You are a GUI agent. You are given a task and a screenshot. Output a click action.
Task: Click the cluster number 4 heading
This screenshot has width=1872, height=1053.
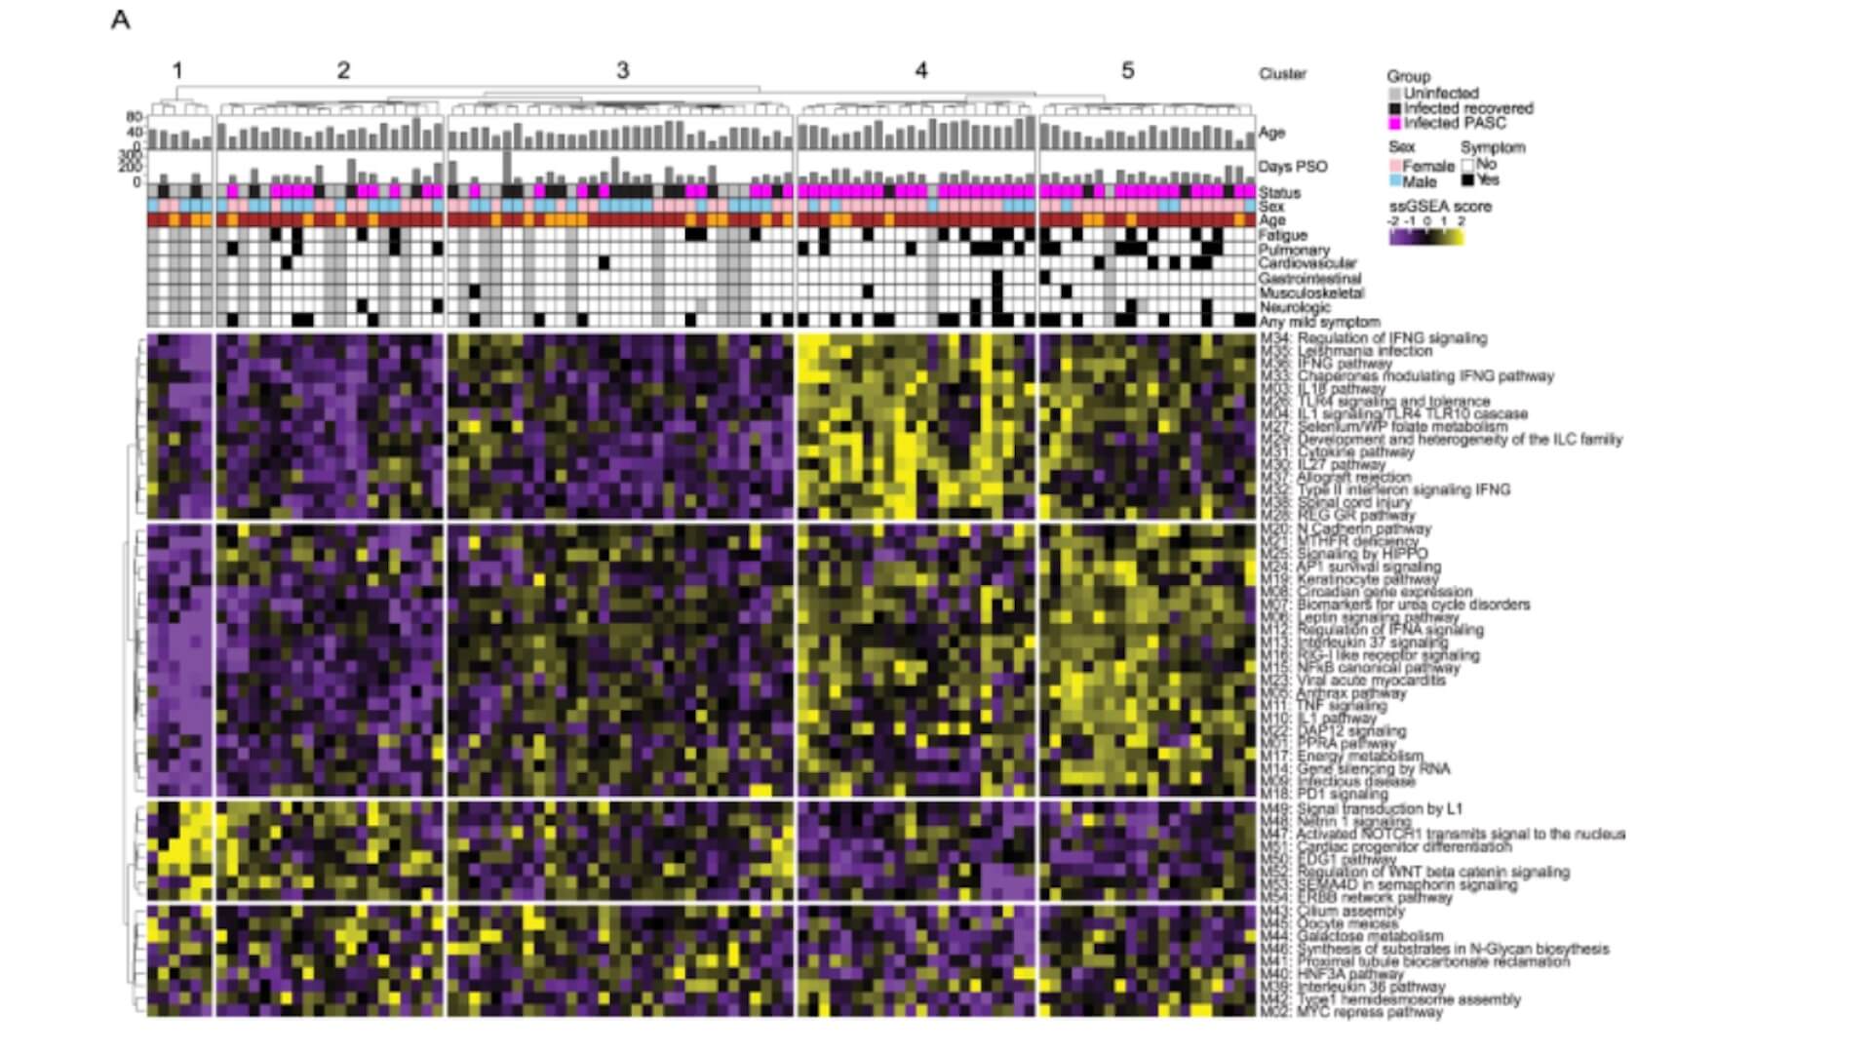[920, 70]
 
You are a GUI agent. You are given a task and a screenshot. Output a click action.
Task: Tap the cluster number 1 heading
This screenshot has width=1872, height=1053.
[177, 70]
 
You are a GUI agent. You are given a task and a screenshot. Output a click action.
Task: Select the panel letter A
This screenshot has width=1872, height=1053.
[120, 20]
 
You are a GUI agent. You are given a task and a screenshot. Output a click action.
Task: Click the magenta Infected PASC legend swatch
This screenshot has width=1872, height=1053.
[1395, 124]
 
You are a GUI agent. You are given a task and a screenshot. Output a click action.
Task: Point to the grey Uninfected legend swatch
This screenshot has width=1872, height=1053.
[1395, 94]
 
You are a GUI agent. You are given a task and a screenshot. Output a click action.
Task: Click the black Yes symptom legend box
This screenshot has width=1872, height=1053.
[1467, 180]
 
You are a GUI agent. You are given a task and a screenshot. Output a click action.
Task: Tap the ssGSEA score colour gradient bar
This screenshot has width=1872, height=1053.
[1426, 236]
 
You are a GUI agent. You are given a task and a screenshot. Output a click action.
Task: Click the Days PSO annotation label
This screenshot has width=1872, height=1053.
[1292, 167]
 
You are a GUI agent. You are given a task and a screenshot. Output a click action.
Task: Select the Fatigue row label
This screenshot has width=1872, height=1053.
[1282, 235]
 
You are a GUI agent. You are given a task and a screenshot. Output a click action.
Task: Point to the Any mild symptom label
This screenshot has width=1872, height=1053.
[1318, 322]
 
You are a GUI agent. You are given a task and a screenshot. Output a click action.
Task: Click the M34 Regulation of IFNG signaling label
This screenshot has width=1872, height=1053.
[1373, 338]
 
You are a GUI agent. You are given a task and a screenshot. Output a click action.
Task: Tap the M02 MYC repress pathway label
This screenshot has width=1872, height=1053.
[1350, 1012]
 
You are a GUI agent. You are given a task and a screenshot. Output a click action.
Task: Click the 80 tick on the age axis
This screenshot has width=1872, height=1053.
[135, 117]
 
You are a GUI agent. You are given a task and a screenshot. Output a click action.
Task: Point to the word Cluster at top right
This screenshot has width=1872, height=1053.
[1282, 74]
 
